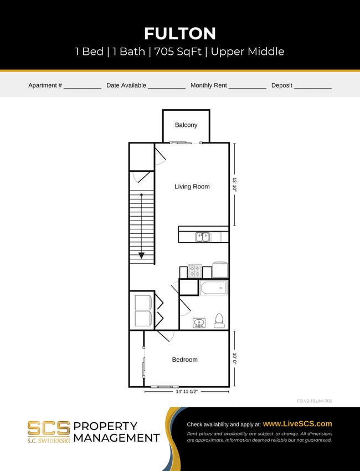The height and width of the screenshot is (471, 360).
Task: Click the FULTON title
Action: pos(179,33)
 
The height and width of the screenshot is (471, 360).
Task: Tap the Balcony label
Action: pos(186,125)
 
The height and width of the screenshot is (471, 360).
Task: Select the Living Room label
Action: pos(192,187)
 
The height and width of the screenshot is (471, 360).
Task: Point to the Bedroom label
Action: pos(184,360)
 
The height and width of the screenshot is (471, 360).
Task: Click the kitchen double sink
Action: pos(203,237)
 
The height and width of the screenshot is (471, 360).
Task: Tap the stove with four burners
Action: pos(195,271)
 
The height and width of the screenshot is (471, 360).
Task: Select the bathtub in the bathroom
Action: pos(213,288)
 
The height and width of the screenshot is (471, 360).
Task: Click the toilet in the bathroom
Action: pos(219,320)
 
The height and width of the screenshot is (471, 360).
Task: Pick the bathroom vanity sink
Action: pos(199,322)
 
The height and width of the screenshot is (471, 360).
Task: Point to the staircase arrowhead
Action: pos(142,255)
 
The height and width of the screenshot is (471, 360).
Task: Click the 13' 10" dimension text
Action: pos(234,185)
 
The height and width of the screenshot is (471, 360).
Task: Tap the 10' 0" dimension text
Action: pos(234,359)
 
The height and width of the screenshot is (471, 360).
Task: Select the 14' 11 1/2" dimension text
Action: pos(187,391)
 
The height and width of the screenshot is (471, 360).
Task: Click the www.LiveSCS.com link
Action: pos(297,423)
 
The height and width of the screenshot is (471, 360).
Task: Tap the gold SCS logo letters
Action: pos(49,428)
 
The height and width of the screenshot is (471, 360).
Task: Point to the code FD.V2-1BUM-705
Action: pos(314,401)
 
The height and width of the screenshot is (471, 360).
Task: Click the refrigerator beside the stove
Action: pos(220,270)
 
